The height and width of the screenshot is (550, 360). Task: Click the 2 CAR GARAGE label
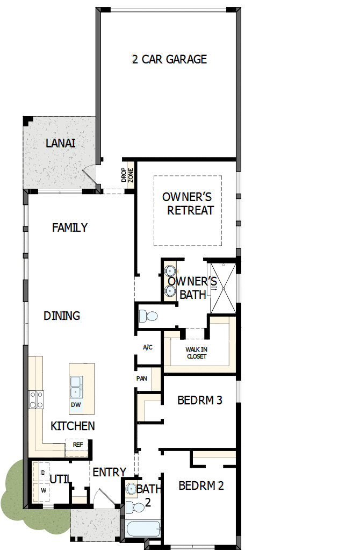169,59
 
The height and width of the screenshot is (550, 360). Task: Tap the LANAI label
60,144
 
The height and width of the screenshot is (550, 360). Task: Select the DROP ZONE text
127,175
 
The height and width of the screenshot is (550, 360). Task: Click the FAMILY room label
69,228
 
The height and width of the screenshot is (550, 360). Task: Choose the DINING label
62,316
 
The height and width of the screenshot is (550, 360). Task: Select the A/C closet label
148,347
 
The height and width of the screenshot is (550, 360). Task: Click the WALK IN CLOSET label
197,353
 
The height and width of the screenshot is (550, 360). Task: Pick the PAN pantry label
141,378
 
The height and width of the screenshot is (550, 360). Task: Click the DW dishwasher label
76,405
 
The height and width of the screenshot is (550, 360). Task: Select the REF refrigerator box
77,445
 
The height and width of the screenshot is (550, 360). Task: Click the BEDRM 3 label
200,400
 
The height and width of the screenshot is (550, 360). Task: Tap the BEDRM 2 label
201,486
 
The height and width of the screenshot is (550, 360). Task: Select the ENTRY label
109,472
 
